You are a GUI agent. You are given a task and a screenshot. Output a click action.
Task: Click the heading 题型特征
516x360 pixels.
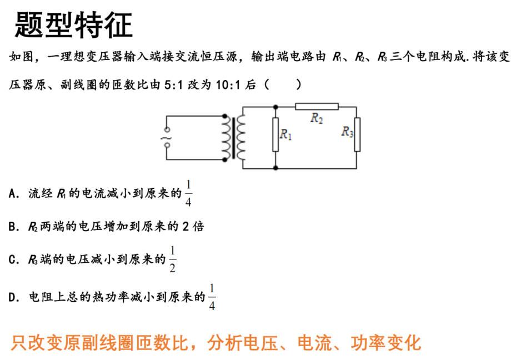pyautogui.click(x=74, y=24)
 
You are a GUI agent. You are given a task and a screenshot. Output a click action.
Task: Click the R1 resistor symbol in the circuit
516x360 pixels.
pyautogui.click(x=275, y=134)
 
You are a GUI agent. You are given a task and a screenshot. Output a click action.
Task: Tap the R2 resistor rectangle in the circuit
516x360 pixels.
pyautogui.click(x=317, y=106)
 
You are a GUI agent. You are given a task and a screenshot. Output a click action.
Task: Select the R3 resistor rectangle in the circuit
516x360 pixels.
pyautogui.click(x=357, y=134)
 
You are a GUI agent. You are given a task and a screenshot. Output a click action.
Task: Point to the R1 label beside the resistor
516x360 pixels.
pyautogui.click(x=285, y=134)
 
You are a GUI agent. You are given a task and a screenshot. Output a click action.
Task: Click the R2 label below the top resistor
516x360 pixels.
pyautogui.click(x=317, y=118)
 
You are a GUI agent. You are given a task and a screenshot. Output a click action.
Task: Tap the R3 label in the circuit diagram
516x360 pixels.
pyautogui.click(x=347, y=132)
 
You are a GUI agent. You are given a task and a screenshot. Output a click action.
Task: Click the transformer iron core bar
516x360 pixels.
pyautogui.click(x=234, y=138)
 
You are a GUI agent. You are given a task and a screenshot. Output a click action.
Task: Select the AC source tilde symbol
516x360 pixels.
pyautogui.click(x=166, y=138)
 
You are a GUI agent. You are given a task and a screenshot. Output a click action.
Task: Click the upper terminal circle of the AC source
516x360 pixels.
pyautogui.click(x=167, y=129)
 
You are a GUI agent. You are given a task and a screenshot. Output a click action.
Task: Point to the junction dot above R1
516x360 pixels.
pyautogui.click(x=275, y=107)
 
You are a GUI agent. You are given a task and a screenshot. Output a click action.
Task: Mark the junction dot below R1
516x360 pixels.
pyautogui.click(x=275, y=168)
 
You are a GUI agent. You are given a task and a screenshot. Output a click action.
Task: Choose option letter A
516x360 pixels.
pyautogui.click(x=13, y=193)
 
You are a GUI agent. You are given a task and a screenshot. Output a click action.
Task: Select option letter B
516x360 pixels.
pyautogui.click(x=13, y=227)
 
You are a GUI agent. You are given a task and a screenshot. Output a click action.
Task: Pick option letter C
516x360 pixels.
pyautogui.click(x=13, y=260)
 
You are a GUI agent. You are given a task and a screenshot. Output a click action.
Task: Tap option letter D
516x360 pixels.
pyautogui.click(x=13, y=297)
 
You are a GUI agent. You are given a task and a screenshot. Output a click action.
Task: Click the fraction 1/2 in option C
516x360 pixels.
pyautogui.click(x=172, y=259)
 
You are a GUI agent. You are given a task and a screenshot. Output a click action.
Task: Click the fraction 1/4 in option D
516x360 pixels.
pyautogui.click(x=212, y=297)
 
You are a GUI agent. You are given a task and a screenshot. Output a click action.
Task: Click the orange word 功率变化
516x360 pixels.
pyautogui.click(x=385, y=343)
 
